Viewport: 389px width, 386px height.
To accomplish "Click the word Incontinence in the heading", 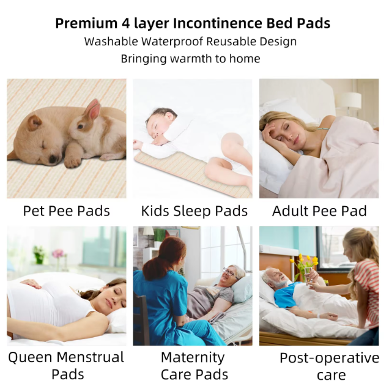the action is pyautogui.click(x=218, y=23).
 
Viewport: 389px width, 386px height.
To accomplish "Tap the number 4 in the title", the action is pyautogui.click(x=126, y=24).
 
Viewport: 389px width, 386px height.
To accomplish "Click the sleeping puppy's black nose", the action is pyautogui.click(x=53, y=159).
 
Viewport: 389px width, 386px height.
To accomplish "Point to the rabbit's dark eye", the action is pyautogui.click(x=80, y=127).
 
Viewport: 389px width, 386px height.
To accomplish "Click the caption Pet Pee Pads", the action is pyautogui.click(x=66, y=211).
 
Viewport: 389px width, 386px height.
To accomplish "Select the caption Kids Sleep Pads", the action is pyautogui.click(x=194, y=212).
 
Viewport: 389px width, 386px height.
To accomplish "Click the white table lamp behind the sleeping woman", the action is pyautogui.click(x=350, y=102).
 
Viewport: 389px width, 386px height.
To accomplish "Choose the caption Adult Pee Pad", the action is pyautogui.click(x=319, y=211).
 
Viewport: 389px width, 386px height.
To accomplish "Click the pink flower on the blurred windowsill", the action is pyautogui.click(x=58, y=254).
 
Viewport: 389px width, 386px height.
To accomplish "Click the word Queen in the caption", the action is pyautogui.click(x=30, y=358).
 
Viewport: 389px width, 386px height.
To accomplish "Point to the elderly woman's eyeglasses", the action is pyautogui.click(x=228, y=272).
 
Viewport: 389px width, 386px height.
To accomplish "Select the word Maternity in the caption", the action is pyautogui.click(x=193, y=358).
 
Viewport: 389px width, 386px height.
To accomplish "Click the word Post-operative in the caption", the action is pyautogui.click(x=330, y=358).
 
